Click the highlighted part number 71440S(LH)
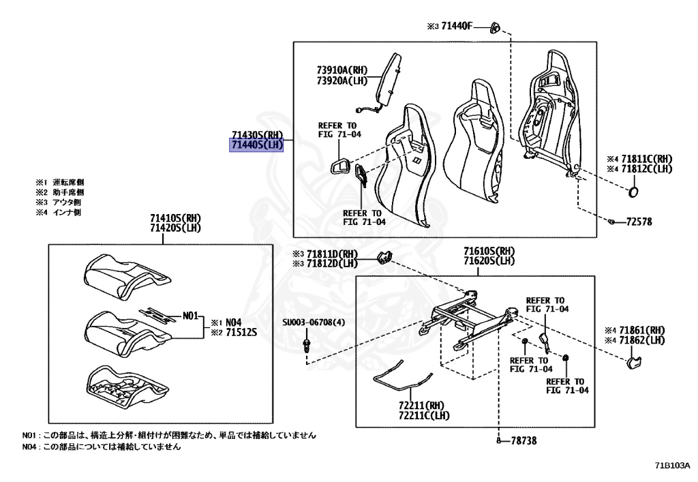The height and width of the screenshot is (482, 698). [256, 145]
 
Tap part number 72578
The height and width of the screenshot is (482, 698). [638, 222]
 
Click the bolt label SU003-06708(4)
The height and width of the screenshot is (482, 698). [314, 322]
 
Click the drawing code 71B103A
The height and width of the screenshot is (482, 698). [673, 466]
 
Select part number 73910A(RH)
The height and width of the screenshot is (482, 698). [342, 70]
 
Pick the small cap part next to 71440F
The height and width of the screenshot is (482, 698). [495, 27]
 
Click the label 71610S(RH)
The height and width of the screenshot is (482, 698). [489, 251]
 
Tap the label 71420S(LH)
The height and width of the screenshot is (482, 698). [176, 228]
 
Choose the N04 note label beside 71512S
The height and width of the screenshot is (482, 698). [234, 321]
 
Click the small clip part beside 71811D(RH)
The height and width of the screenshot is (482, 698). [385, 257]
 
